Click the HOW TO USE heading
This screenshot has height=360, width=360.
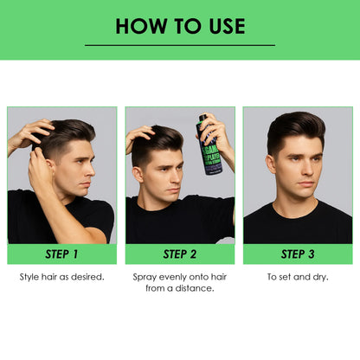pos(179,25)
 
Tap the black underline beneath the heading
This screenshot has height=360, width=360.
pos(179,45)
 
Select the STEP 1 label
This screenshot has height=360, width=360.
pos(61,254)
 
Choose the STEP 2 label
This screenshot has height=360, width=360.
pos(180,254)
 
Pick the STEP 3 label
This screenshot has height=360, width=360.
pos(299,254)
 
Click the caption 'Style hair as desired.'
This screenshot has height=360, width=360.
pos(61,277)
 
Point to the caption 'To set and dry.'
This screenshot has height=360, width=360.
pos(299,277)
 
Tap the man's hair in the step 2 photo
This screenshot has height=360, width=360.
pos(160,138)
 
